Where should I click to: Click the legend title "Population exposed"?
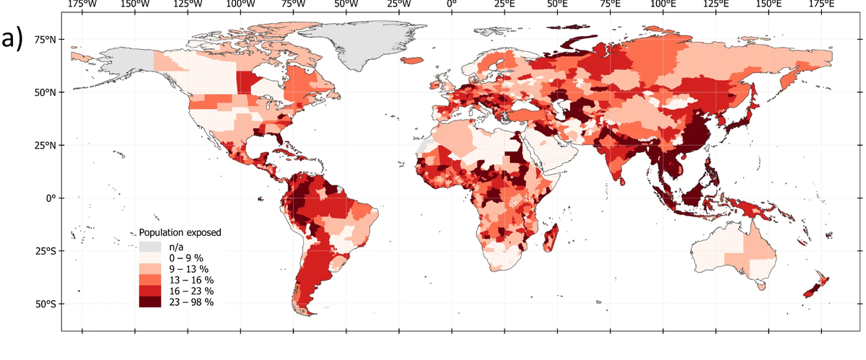(x=180, y=233)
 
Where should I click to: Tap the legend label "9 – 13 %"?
(x=188, y=268)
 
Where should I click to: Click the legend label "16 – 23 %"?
(x=191, y=291)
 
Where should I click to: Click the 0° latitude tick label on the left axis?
(x=53, y=198)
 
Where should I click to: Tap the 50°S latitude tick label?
(x=47, y=304)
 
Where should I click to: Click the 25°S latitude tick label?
(x=47, y=251)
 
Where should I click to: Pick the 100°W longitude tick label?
(x=240, y=6)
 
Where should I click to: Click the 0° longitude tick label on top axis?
(x=451, y=6)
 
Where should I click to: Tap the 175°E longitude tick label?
(x=821, y=6)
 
